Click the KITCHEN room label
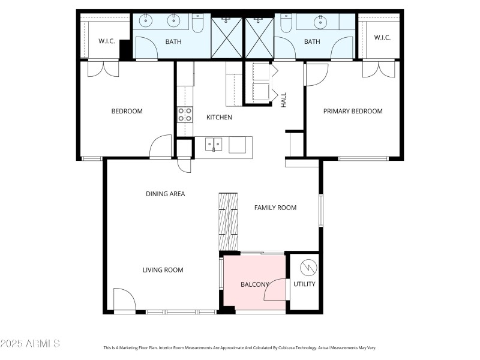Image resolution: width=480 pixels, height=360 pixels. point(219,117)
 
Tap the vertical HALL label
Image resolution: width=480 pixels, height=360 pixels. point(284,99)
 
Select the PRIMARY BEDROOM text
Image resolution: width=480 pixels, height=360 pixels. point(353,111)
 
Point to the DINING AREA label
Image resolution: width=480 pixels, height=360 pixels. point(165,194)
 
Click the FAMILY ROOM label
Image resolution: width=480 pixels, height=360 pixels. point(275,208)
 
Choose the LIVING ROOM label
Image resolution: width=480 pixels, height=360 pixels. point(163,270)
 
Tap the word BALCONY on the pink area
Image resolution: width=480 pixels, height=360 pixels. point(254,284)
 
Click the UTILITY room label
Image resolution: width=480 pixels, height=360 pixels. point(304,284)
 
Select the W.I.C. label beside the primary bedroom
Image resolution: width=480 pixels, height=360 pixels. point(382,38)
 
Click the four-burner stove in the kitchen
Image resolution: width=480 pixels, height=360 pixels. point(185,114)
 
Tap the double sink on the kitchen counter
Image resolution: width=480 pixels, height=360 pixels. point(213,143)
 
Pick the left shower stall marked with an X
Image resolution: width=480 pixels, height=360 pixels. point(227,38)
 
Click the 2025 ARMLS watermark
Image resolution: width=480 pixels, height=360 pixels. point(30,344)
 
